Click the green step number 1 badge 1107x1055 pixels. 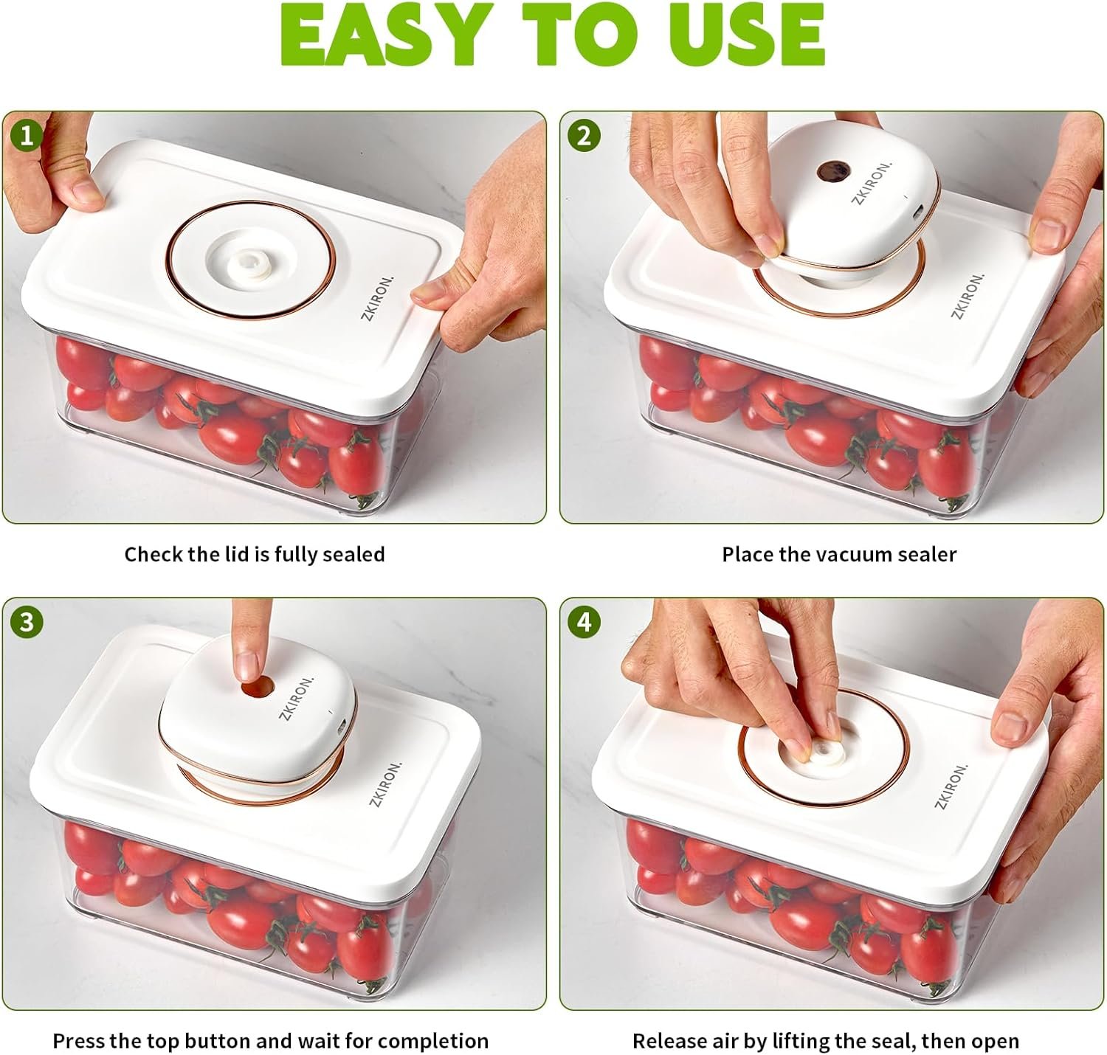click(x=26, y=136)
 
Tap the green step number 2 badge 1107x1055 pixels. click(x=583, y=136)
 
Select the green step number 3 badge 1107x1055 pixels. click(x=26, y=622)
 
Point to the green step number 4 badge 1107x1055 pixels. click(x=583, y=622)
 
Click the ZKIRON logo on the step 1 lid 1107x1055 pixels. click(x=376, y=298)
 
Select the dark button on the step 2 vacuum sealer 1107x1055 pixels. click(x=832, y=172)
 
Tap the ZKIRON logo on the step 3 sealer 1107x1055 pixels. click(x=296, y=697)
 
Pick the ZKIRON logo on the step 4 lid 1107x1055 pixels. click(x=951, y=786)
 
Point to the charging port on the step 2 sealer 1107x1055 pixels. click(x=918, y=212)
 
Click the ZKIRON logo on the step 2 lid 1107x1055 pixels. click(x=968, y=296)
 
